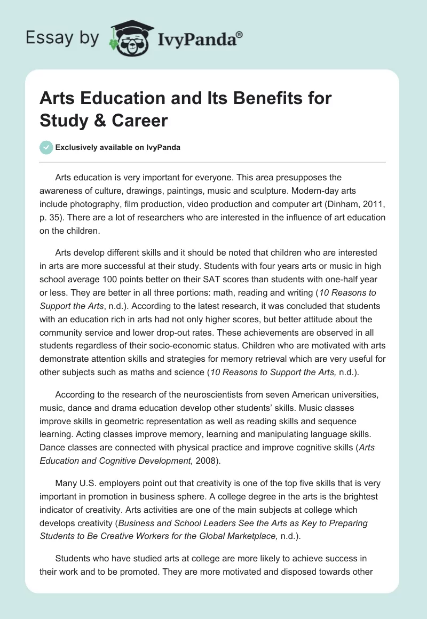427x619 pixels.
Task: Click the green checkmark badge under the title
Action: [x=46, y=147]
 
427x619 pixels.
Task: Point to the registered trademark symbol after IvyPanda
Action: [x=240, y=35]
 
